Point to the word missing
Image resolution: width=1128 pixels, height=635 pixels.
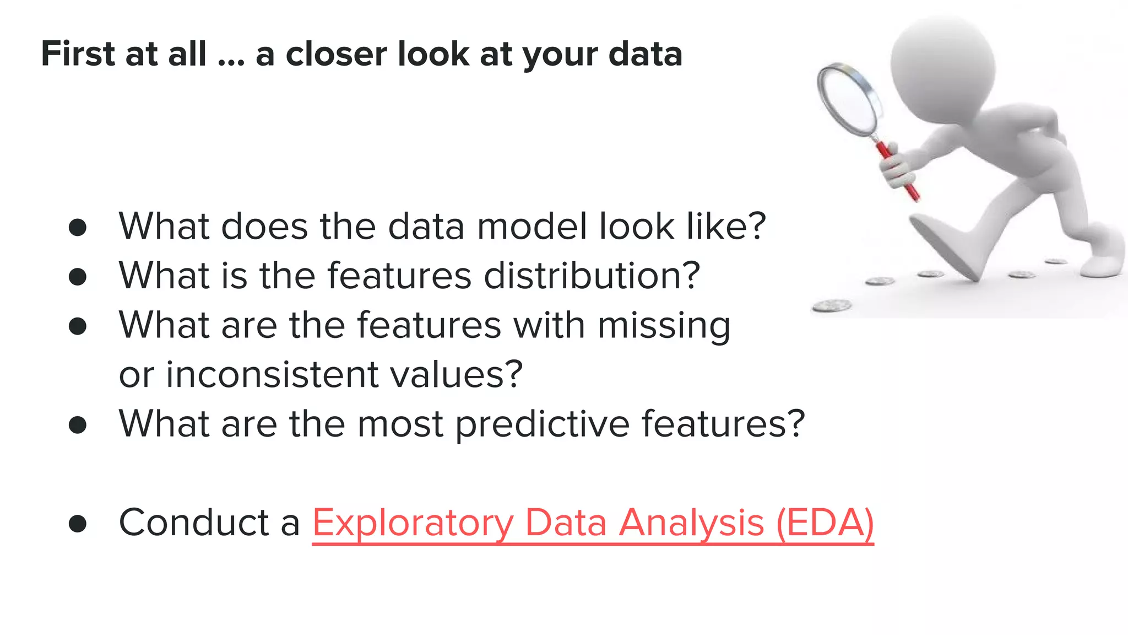tap(664, 325)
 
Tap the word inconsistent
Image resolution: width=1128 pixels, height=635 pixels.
tap(272, 375)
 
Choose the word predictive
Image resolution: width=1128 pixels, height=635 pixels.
tap(543, 424)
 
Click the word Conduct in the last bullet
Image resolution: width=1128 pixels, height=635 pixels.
tap(193, 522)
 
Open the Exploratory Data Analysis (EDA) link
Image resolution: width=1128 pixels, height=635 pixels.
tap(593, 523)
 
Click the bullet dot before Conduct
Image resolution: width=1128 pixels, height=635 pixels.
tap(78, 524)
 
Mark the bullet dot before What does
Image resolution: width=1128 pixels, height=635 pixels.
tap(78, 228)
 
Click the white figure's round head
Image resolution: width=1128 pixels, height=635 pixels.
tap(942, 66)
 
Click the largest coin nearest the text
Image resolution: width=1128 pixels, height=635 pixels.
tap(832, 305)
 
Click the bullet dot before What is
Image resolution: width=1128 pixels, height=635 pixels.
tap(78, 277)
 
